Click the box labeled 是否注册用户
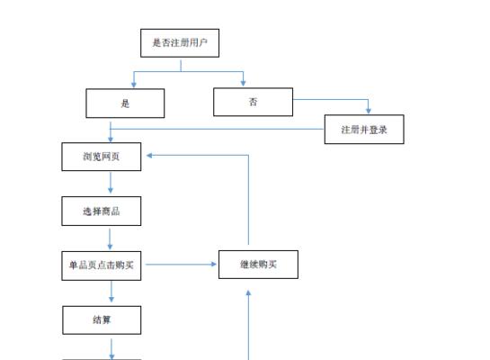tap(180, 43)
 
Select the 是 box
tap(125, 103)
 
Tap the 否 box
tap(254, 102)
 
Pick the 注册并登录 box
tap(364, 130)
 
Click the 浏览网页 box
tap(102, 157)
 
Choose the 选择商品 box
tap(102, 211)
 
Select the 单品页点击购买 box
tap(102, 265)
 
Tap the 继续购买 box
tap(258, 265)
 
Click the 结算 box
tap(102, 320)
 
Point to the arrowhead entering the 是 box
tap(134, 85)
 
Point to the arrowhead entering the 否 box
tap(243, 83)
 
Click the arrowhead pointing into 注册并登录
tap(369, 111)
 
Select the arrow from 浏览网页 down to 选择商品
tap(111, 183)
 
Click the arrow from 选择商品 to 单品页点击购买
tap(110, 239)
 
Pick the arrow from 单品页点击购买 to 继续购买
tap(181, 265)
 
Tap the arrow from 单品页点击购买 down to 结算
tap(111, 292)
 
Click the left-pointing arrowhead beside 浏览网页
tap(149, 155)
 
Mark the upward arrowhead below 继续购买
tap(248, 293)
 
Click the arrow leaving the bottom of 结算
tap(111, 349)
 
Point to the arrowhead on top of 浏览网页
tap(111, 139)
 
